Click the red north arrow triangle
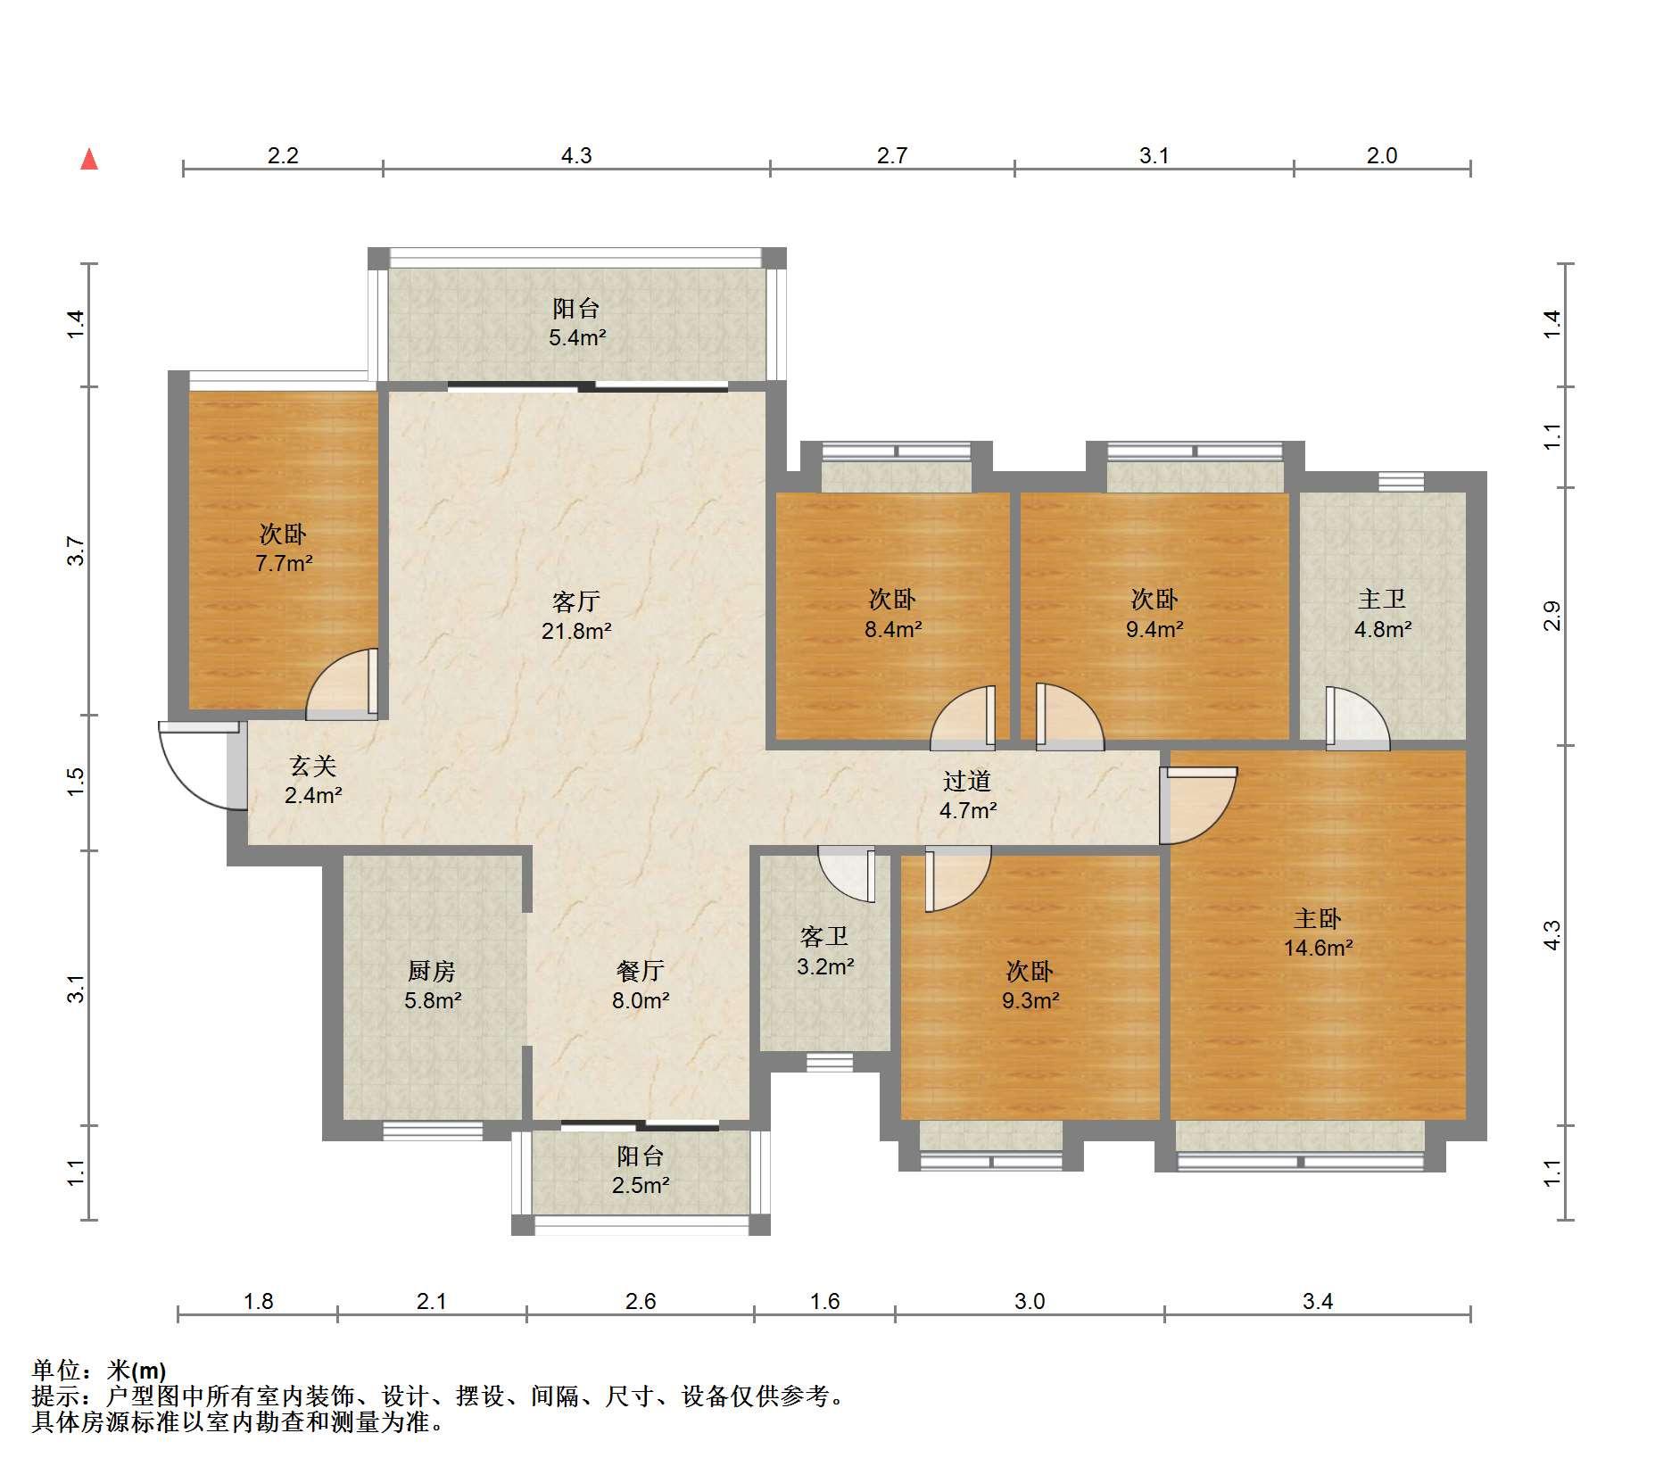click(89, 160)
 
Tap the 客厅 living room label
click(575, 602)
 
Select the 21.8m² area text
click(576, 632)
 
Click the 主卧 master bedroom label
click(1318, 918)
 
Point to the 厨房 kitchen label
click(432, 971)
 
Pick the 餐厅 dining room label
click(641, 971)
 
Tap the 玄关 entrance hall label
click(312, 766)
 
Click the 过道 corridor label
click(967, 781)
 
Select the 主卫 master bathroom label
click(1382, 599)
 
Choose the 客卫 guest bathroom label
click(824, 936)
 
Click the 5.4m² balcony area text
click(577, 338)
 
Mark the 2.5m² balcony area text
click(641, 1186)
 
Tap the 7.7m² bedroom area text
click(284, 564)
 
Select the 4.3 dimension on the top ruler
click(576, 156)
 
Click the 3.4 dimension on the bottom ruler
click(1317, 1302)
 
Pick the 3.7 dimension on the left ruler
click(77, 551)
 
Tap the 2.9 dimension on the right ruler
click(1552, 617)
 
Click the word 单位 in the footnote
click(55, 1371)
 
